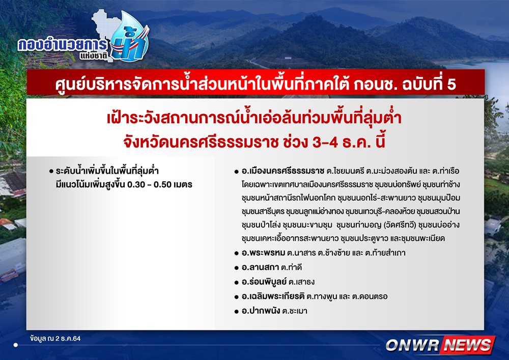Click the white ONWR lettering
(x=413, y=345)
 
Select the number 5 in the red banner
(x=451, y=85)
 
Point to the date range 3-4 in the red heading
(x=325, y=142)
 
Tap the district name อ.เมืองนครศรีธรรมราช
(x=283, y=171)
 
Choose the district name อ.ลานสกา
(x=260, y=267)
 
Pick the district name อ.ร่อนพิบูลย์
(x=264, y=282)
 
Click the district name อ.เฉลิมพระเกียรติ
(x=273, y=296)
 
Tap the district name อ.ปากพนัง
(x=261, y=311)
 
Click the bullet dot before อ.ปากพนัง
(x=236, y=312)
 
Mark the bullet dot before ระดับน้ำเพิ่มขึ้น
(x=51, y=172)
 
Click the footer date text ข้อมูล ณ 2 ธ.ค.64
(x=55, y=338)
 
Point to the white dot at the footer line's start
(x=16, y=345)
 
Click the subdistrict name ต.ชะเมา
(x=294, y=311)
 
